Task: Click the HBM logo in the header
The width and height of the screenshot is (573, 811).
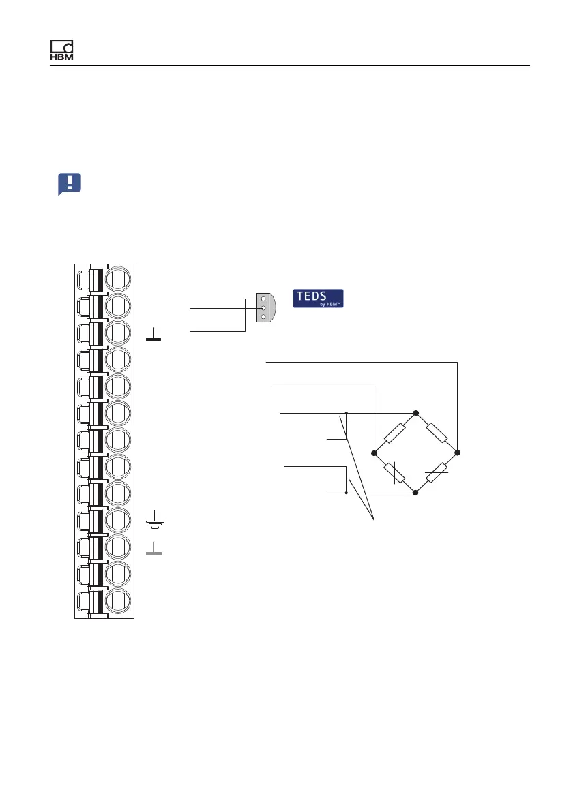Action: click(x=61, y=50)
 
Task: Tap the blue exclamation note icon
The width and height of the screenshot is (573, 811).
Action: click(x=70, y=184)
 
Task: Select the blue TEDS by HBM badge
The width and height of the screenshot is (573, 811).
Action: click(x=319, y=299)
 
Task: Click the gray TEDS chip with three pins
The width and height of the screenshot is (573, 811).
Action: click(x=266, y=308)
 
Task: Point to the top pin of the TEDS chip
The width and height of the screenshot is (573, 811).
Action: click(x=263, y=299)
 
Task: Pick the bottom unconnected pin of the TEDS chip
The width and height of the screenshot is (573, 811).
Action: click(x=263, y=316)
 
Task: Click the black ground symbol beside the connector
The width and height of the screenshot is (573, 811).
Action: click(x=153, y=334)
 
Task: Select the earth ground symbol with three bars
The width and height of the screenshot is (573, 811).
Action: click(x=155, y=519)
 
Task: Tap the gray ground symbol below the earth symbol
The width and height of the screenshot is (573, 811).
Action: click(x=153, y=548)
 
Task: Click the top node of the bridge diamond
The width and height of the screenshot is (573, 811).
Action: click(x=415, y=413)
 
